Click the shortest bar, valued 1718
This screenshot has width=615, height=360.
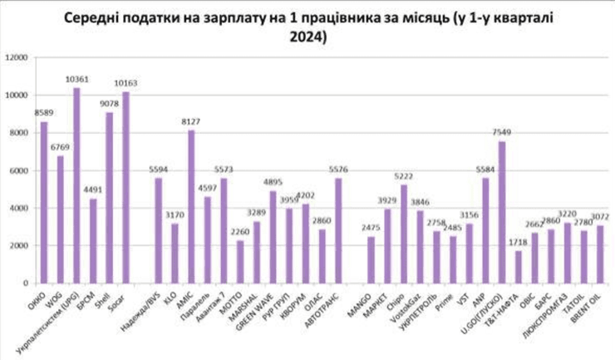[519, 267]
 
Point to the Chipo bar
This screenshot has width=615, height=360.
[404, 234]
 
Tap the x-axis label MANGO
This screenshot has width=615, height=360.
[362, 303]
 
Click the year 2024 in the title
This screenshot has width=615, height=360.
[307, 38]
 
